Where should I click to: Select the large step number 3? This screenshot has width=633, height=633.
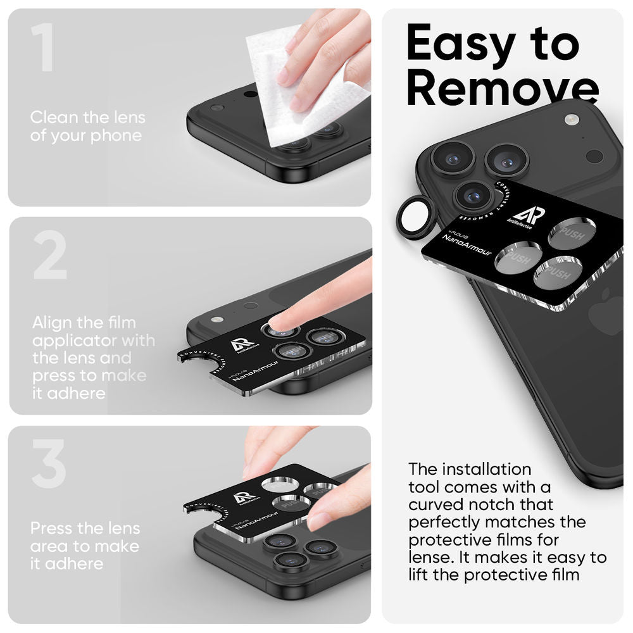[x=49, y=466]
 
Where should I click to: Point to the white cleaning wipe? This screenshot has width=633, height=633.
[x=298, y=89]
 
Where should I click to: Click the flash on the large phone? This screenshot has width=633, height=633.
[x=572, y=119]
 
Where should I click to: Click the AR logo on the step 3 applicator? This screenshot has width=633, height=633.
[x=245, y=498]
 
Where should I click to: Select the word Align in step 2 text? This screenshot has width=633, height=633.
[x=52, y=323]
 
